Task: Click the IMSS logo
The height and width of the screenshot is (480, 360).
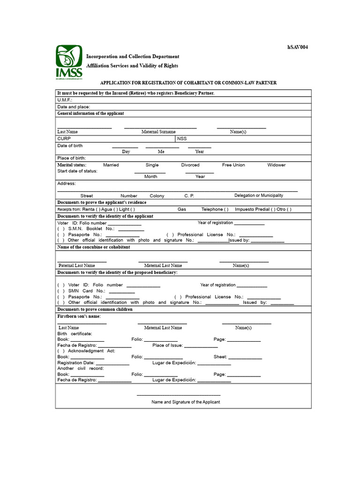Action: (69, 62)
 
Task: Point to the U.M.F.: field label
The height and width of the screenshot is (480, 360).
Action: (65, 100)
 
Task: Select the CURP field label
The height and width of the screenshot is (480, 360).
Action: (64, 139)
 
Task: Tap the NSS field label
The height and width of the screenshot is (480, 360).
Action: (182, 139)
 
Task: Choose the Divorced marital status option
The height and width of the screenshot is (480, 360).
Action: (190, 165)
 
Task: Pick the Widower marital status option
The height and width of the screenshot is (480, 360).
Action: (276, 165)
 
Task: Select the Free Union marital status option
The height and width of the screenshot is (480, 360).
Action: (233, 165)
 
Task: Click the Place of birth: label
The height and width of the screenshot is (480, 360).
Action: (71, 158)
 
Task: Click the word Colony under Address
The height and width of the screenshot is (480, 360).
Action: (157, 195)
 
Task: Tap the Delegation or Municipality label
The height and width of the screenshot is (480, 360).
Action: (259, 195)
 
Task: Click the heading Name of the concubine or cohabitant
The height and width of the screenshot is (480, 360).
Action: (94, 247)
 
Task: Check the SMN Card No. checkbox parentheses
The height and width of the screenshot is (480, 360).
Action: (61, 291)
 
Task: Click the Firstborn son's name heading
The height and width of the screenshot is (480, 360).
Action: (79, 316)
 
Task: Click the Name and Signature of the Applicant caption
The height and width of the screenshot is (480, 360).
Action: (186, 402)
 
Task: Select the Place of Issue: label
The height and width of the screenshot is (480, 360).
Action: (167, 345)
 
